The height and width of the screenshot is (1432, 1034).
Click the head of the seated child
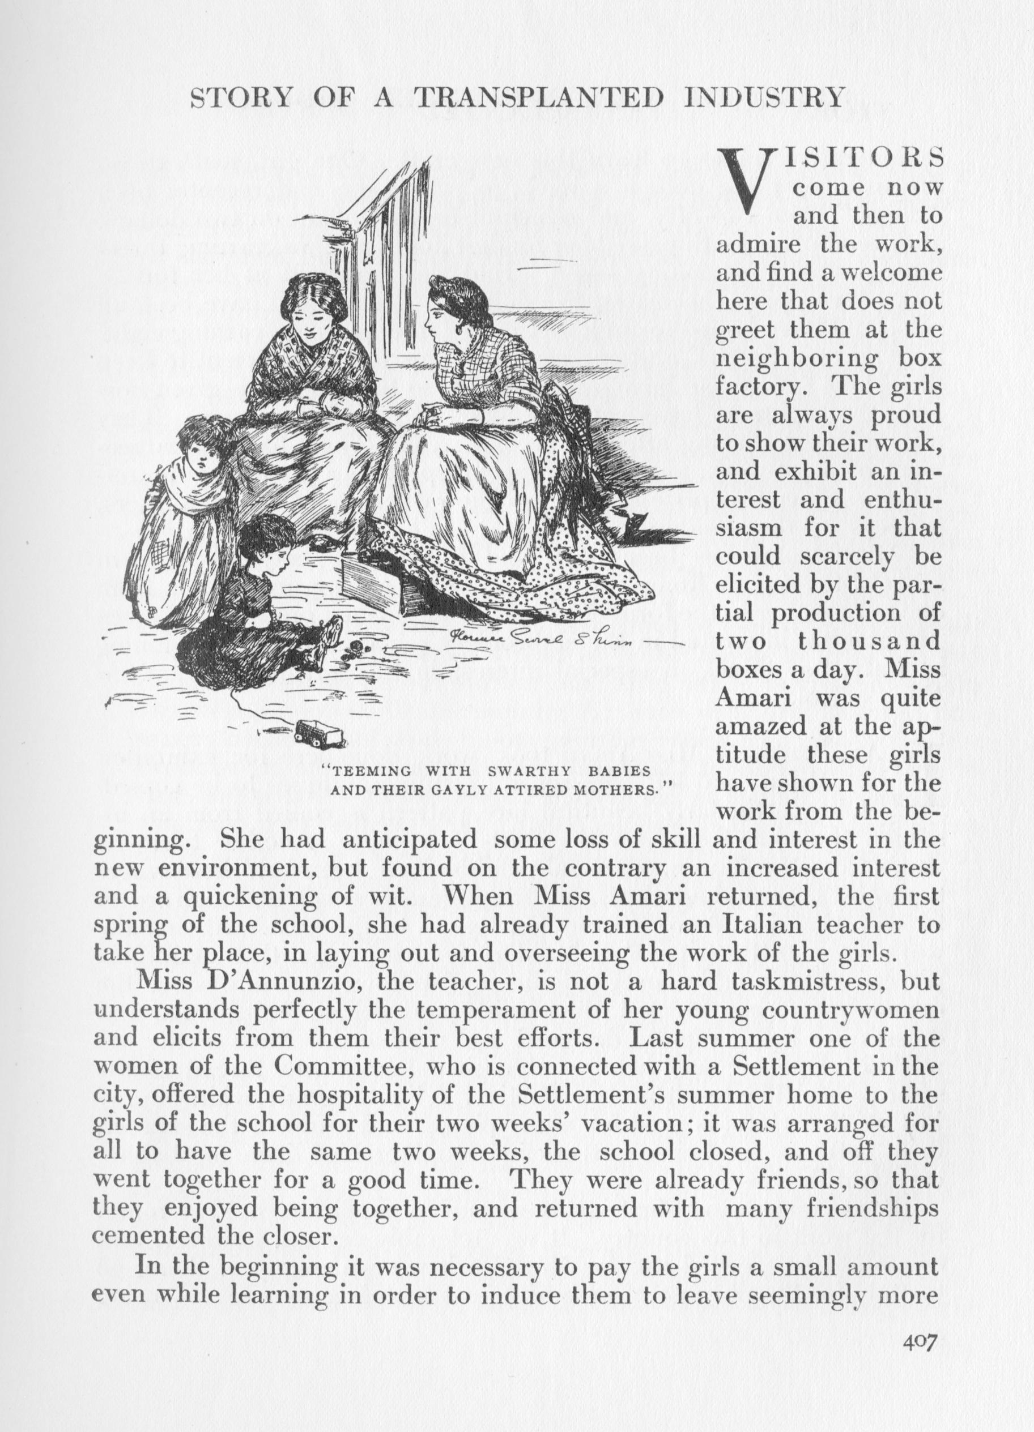coord(263,537)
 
